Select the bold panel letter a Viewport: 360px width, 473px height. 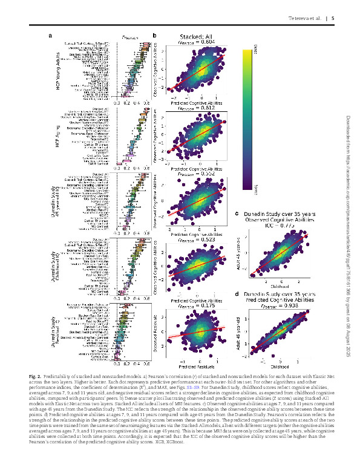(x=50, y=36)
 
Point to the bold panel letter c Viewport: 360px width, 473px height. (x=237, y=214)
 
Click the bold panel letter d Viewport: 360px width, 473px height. (x=237, y=295)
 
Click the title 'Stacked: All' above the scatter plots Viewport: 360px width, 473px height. (x=197, y=37)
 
